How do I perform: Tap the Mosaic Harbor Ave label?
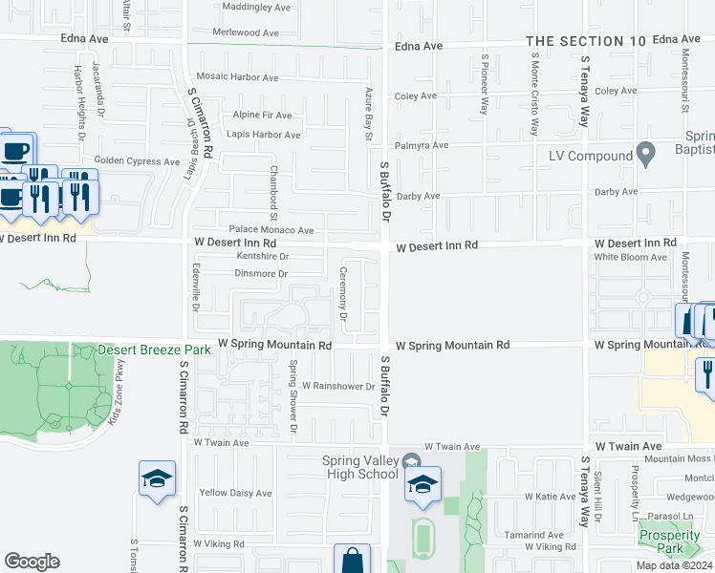(x=237, y=77)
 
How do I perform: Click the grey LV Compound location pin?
(x=646, y=153)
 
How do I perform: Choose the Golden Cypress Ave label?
(x=137, y=161)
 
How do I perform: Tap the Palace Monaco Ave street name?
(x=271, y=230)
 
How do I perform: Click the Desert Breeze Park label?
(x=154, y=350)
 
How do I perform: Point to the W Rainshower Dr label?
(x=338, y=387)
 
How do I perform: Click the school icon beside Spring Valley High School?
(x=422, y=484)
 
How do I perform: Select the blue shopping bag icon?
(x=352, y=562)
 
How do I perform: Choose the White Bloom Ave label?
(x=631, y=257)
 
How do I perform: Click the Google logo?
(x=32, y=562)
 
